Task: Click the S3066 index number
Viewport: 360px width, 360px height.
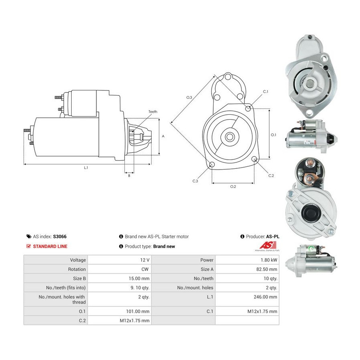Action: [x=60, y=236]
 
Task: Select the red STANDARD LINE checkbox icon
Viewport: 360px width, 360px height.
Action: [x=29, y=246]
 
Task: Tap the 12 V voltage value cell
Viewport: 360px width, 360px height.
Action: [x=120, y=260]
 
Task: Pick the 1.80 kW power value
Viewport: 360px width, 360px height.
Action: [x=269, y=260]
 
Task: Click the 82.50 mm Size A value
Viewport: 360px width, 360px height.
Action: [x=266, y=269]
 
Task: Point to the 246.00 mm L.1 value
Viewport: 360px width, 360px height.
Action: [x=265, y=297]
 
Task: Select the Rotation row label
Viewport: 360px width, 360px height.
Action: [x=77, y=269]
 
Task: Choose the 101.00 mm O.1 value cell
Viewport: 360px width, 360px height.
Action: [x=120, y=311]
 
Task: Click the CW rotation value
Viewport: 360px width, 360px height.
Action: [x=145, y=269]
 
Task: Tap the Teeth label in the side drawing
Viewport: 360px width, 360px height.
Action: [x=153, y=112]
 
